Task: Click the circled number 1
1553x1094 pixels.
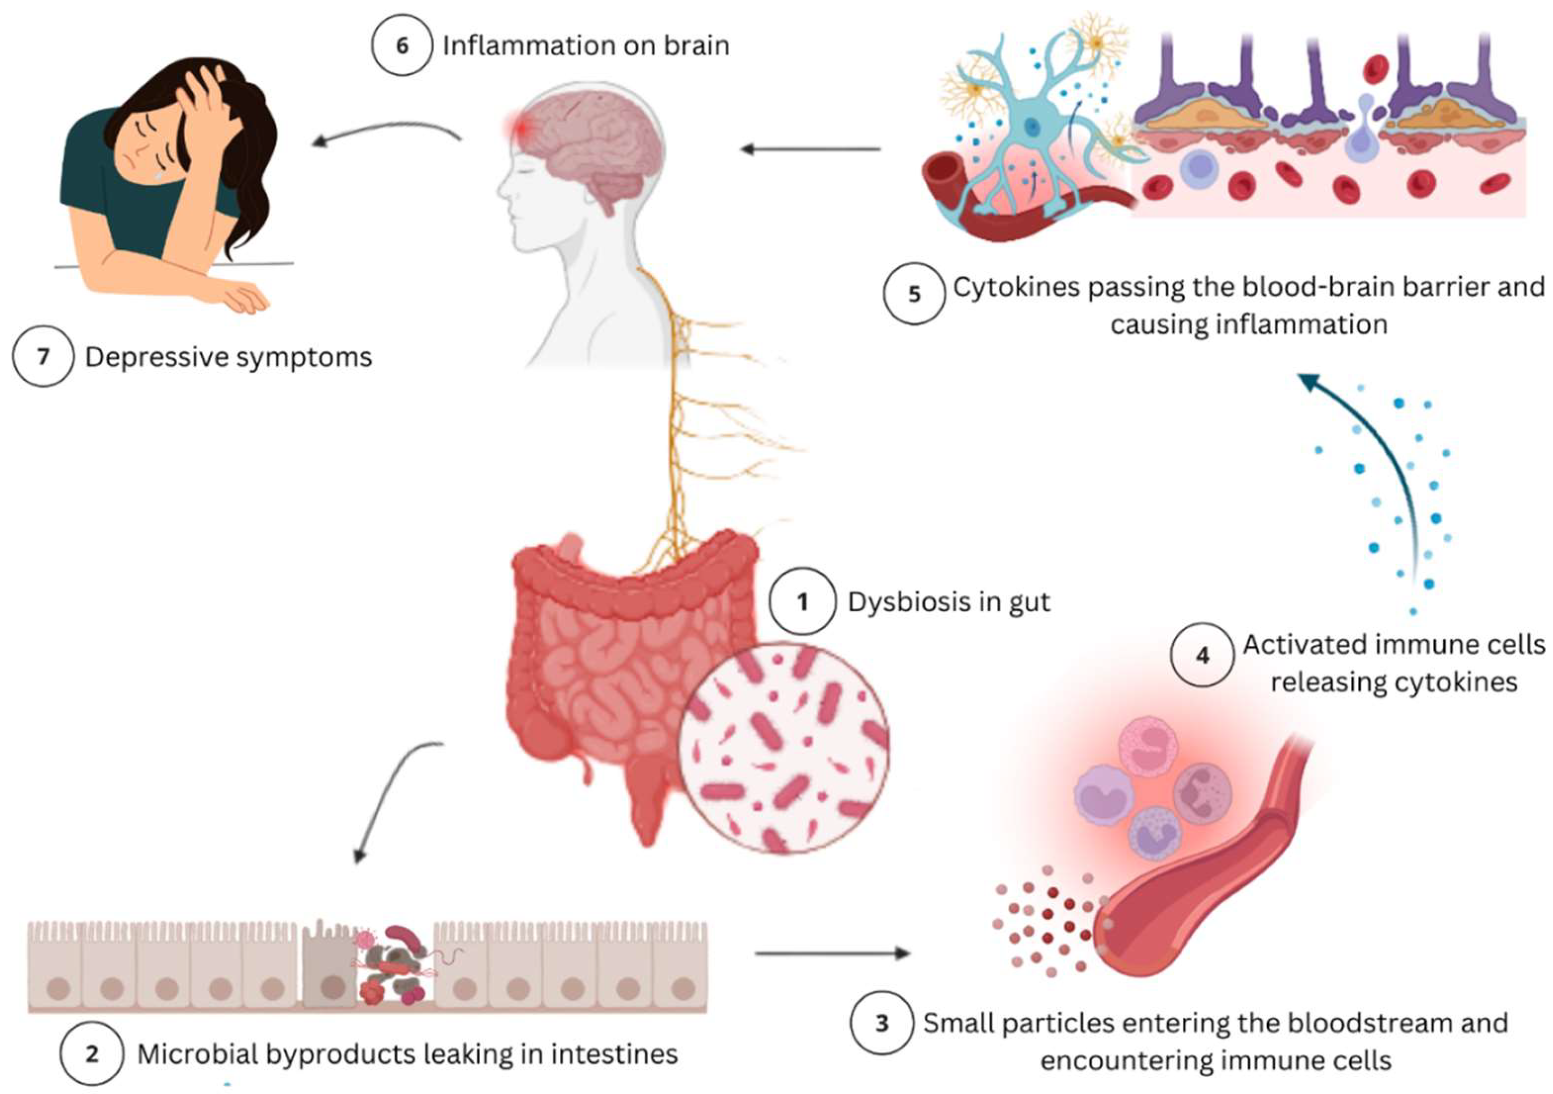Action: pyautogui.click(x=802, y=602)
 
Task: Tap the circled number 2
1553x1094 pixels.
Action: pyautogui.click(x=92, y=1054)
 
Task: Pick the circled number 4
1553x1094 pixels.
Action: pyautogui.click(x=1202, y=655)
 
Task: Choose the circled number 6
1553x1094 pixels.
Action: pyautogui.click(x=402, y=45)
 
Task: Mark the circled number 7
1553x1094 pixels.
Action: pyautogui.click(x=43, y=356)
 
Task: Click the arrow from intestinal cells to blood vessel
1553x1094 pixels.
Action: pyautogui.click(x=833, y=953)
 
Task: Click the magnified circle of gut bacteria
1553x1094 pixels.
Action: pyautogui.click(x=783, y=747)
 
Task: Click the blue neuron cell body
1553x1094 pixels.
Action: pyautogui.click(x=1031, y=125)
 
